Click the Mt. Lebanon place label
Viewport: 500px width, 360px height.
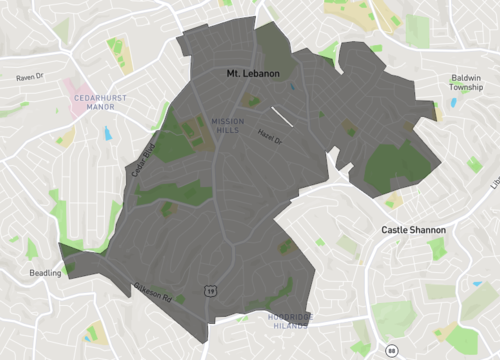pyautogui.click(x=252, y=74)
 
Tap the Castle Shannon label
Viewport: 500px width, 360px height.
pyautogui.click(x=413, y=230)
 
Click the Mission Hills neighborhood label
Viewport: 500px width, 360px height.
pyautogui.click(x=229, y=125)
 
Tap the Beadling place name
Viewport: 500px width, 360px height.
pyautogui.click(x=44, y=272)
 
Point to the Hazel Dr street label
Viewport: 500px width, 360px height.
pyautogui.click(x=270, y=138)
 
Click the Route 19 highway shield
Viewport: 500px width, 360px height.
pyautogui.click(x=210, y=290)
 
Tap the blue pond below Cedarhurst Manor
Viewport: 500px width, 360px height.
pyautogui.click(x=107, y=133)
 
